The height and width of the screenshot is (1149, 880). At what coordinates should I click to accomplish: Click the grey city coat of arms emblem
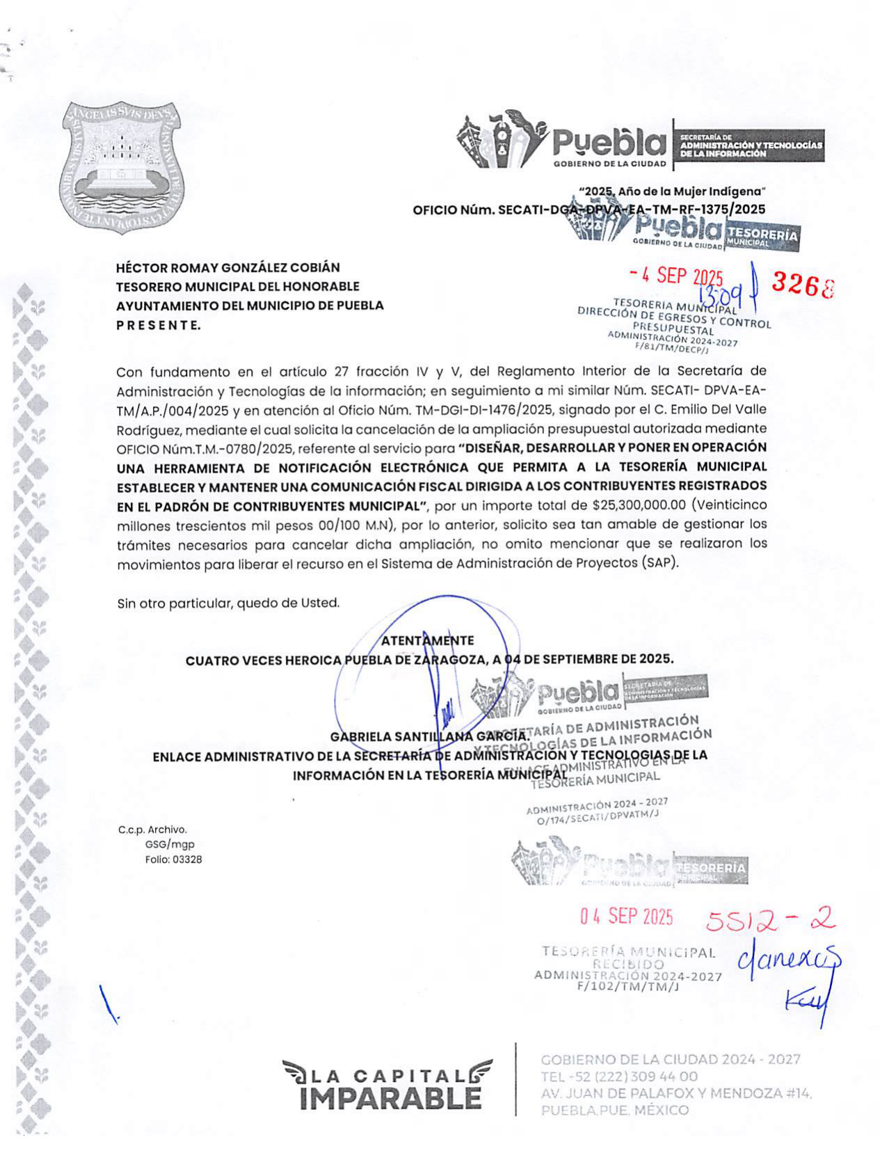point(122,168)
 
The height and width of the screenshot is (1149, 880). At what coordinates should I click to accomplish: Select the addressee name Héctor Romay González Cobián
point(228,268)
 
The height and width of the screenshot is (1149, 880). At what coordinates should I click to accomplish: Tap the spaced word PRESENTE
point(159,325)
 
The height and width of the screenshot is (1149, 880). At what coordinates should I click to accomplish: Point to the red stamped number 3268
point(802,284)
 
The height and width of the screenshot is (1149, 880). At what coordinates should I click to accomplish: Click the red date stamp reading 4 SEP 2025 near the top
point(676,276)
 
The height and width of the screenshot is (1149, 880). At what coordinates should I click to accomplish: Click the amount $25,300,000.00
point(639,505)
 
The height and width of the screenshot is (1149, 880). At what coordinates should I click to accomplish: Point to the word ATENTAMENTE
point(428,640)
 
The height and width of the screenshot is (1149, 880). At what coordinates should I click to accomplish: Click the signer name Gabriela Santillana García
point(429,736)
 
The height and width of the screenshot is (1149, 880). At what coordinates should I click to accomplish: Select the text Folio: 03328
point(173,859)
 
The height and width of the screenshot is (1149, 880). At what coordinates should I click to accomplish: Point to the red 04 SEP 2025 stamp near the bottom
point(627,917)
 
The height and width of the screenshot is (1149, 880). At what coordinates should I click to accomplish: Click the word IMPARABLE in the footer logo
point(390,1099)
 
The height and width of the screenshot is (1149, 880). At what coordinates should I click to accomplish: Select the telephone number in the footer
point(619,1077)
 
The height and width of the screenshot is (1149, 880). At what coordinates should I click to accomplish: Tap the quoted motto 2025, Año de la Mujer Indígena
point(672,191)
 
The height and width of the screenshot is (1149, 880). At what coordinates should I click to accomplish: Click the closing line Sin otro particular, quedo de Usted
point(228,603)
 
